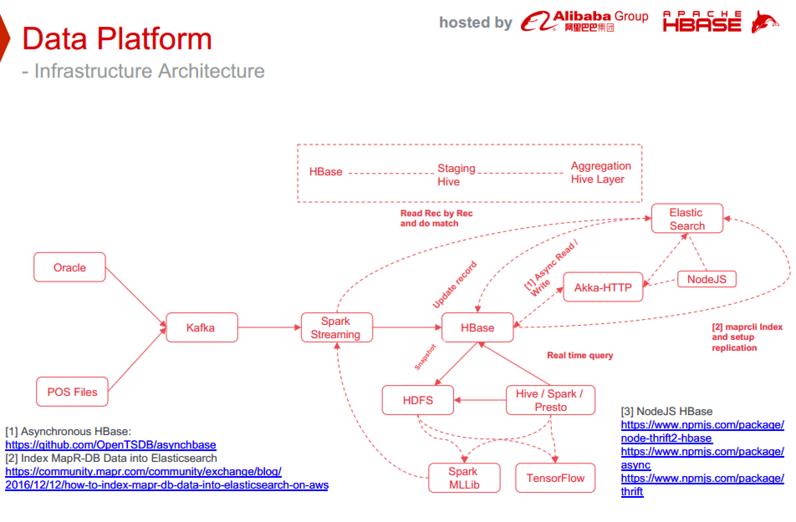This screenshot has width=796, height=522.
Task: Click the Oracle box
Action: (x=69, y=267)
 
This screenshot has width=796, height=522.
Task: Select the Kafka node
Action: (x=202, y=327)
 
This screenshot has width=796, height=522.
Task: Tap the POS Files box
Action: (x=72, y=392)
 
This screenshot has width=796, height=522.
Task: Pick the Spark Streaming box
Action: (x=336, y=327)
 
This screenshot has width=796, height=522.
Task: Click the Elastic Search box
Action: (x=687, y=218)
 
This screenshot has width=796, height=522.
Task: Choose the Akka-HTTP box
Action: (x=602, y=287)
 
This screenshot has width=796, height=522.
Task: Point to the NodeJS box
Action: (x=706, y=279)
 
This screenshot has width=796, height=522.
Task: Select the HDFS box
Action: (x=418, y=400)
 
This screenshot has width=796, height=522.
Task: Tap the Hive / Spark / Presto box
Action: (x=550, y=400)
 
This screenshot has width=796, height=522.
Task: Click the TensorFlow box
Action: (x=555, y=478)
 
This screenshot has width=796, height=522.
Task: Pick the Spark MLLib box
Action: (x=464, y=478)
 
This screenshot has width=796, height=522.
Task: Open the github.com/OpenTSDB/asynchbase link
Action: (x=111, y=445)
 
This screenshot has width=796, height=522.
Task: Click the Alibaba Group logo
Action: (x=584, y=21)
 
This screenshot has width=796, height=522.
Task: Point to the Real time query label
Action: (x=580, y=355)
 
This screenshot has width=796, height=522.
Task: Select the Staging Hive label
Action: (x=456, y=175)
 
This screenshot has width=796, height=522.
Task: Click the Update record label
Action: (x=454, y=285)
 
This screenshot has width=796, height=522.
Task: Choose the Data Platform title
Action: (x=117, y=38)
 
